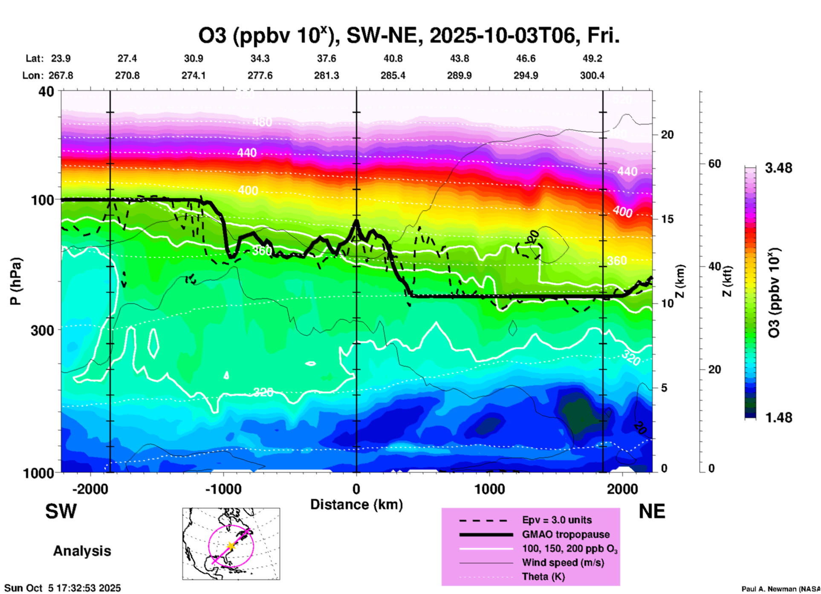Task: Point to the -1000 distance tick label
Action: click(223, 489)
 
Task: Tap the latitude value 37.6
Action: click(327, 58)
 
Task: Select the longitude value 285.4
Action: click(393, 75)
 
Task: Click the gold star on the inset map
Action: click(231, 545)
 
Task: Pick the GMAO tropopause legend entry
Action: click(566, 534)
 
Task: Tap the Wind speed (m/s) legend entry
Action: click(563, 562)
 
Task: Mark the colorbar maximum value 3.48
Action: click(778, 168)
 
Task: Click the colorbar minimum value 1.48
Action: click(778, 417)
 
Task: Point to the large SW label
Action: click(61, 511)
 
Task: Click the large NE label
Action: click(652, 511)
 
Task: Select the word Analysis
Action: click(82, 551)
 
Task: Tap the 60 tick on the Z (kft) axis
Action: click(714, 164)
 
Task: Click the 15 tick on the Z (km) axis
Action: click(667, 219)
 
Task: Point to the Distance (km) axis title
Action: click(356, 504)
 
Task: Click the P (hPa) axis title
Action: click(16, 281)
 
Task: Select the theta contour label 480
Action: click(262, 122)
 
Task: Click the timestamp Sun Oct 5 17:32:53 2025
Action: click(63, 588)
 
